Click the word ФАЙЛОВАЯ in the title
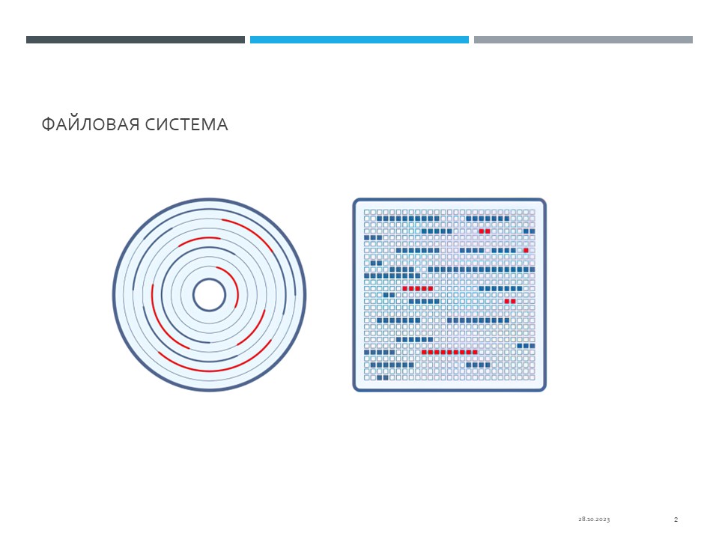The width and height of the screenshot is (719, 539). click(x=91, y=125)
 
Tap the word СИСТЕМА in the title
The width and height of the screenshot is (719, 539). click(x=186, y=125)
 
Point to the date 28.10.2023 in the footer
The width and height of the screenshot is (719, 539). click(x=594, y=520)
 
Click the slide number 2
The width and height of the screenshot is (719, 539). click(x=676, y=520)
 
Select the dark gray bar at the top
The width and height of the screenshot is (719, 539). click(x=136, y=40)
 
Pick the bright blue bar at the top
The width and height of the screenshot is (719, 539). click(x=359, y=40)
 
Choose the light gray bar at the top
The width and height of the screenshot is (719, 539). click(x=583, y=40)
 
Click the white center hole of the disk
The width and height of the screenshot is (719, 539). click(x=209, y=295)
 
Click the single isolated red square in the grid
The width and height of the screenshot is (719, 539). click(x=526, y=250)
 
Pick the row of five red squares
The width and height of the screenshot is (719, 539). click(x=417, y=288)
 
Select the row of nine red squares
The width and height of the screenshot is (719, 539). click(x=449, y=352)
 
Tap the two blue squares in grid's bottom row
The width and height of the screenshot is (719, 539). click(x=383, y=377)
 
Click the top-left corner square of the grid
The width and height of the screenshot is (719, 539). click(x=367, y=212)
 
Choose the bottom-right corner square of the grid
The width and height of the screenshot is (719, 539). click(x=533, y=377)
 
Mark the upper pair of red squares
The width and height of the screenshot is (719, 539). click(x=485, y=231)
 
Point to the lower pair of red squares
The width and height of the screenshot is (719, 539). click(x=510, y=301)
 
